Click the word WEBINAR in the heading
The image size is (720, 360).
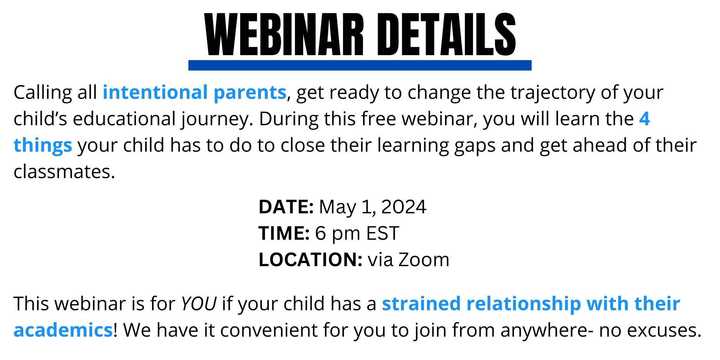[284, 35]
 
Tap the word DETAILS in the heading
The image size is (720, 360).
[447, 35]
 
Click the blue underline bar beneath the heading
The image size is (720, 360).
[360, 65]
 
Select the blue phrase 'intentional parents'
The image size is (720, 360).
[195, 92]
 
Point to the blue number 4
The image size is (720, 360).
[645, 119]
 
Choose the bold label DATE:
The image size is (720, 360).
[286, 207]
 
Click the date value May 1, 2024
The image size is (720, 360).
[373, 207]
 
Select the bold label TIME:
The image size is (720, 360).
[284, 233]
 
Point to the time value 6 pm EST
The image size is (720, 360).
[357, 234]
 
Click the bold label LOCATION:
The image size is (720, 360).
[311, 260]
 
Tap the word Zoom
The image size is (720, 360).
[424, 260]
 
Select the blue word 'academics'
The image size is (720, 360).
[63, 330]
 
